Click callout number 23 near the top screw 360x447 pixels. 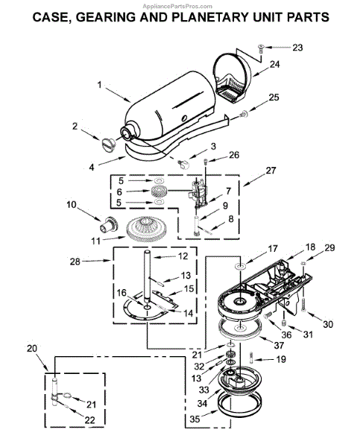[297, 48]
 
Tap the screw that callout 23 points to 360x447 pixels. [260, 48]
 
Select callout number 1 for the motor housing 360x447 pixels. [99, 85]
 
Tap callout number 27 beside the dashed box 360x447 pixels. [271, 171]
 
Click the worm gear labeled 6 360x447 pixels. [158, 191]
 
